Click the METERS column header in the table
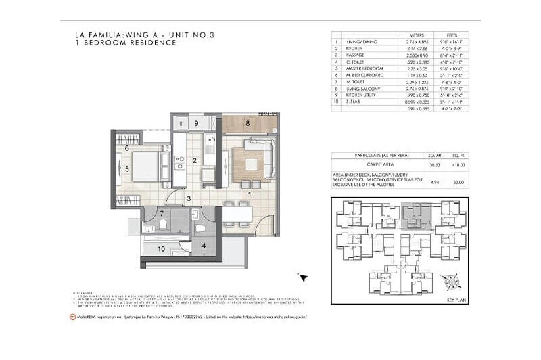pyautogui.click(x=408, y=36)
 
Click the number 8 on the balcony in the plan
pyautogui.click(x=248, y=124)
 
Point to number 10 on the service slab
pyautogui.click(x=160, y=249)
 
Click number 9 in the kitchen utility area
pyautogui.click(x=195, y=124)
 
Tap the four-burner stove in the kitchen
pyautogui.click(x=180, y=162)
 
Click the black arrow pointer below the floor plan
pyautogui.click(x=304, y=277)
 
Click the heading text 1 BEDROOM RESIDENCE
pyautogui.click(x=126, y=43)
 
